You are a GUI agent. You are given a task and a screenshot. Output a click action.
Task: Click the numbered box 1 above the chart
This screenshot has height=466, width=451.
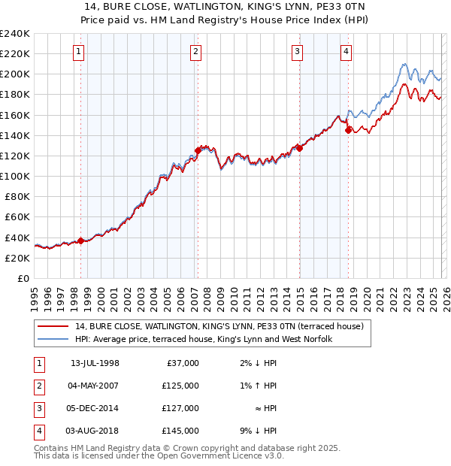(x=80, y=52)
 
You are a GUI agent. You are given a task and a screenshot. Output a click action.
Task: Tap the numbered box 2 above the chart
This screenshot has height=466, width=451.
(x=195, y=52)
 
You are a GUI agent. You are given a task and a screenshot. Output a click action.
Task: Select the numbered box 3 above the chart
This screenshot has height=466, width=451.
(x=298, y=52)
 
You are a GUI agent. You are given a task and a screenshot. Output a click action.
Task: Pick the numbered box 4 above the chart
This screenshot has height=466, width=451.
(x=346, y=52)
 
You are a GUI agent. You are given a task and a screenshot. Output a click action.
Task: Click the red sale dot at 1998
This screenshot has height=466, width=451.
(x=81, y=241)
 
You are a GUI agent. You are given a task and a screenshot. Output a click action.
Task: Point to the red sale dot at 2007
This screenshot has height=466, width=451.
(x=198, y=150)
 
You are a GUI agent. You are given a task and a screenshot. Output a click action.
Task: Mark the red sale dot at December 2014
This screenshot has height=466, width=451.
(x=299, y=148)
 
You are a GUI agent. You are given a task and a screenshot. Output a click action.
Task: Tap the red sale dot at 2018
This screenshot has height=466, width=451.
(x=348, y=130)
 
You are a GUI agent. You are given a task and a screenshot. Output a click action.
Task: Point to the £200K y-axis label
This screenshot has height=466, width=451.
(x=15, y=74)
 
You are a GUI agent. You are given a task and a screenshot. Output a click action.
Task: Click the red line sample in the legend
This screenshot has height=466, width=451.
(x=53, y=326)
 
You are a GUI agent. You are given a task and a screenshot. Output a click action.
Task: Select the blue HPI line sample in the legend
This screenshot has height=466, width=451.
(x=53, y=339)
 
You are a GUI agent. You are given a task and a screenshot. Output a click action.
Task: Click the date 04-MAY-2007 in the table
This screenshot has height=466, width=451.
(x=95, y=386)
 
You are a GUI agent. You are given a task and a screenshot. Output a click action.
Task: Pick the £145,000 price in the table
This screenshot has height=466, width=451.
(x=180, y=431)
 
